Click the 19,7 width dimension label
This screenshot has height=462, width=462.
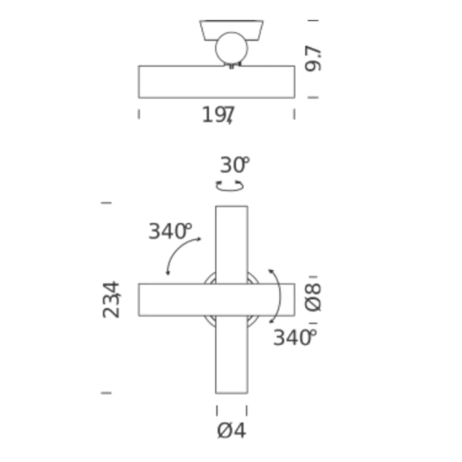click(x=219, y=115)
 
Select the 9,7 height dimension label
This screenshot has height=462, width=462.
click(x=313, y=59)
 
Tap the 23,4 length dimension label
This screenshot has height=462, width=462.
click(x=111, y=300)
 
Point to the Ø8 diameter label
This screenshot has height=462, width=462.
click(x=313, y=298)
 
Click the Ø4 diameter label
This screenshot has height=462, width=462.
click(x=231, y=431)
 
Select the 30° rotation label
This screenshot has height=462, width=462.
click(x=235, y=165)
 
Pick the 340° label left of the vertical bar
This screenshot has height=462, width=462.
click(x=170, y=231)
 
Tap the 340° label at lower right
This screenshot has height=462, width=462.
click(x=295, y=337)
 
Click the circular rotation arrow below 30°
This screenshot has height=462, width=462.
click(x=230, y=186)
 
